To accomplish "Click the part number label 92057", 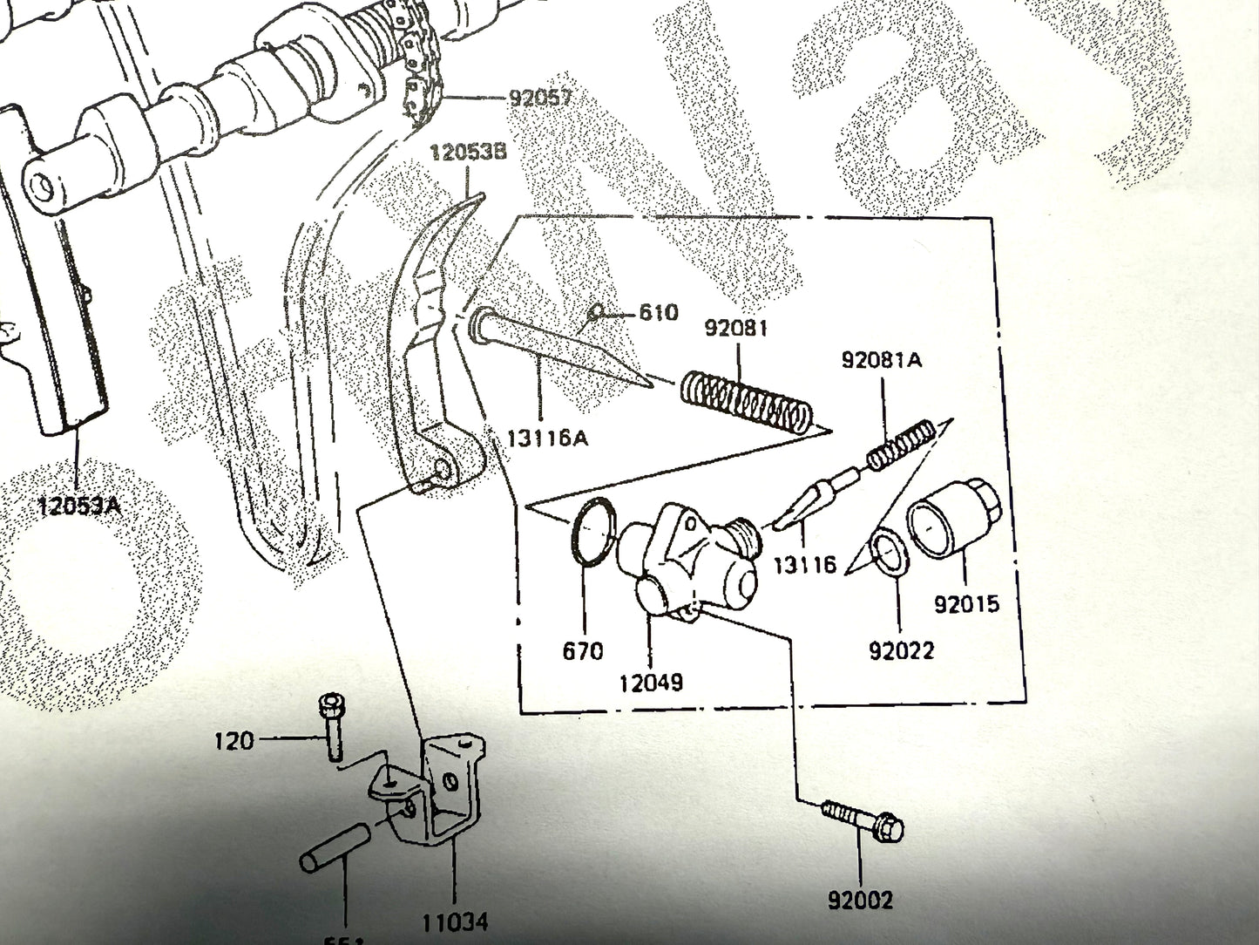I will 540,97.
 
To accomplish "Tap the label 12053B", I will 466,153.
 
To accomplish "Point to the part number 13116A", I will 547,438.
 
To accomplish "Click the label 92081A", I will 881,359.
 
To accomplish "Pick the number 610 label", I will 658,312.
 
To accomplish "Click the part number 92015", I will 966,603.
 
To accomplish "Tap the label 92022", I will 900,649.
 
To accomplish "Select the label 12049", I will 651,682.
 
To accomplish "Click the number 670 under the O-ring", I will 583,650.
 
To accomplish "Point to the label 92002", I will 860,899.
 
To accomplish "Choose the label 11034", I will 455,920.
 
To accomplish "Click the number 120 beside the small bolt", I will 234,741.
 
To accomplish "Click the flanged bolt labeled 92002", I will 863,821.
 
